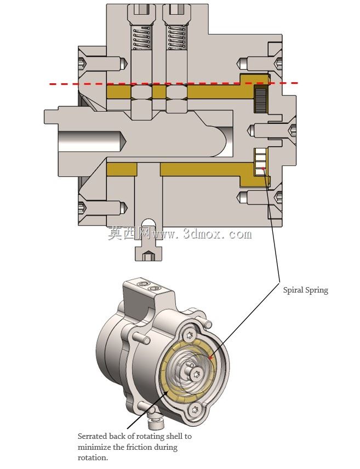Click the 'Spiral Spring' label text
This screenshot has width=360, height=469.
pos(306,290)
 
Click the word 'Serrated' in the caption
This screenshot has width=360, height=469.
pos(92,436)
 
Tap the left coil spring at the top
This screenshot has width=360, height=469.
pos(141,38)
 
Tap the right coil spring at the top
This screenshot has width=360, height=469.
pos(177,38)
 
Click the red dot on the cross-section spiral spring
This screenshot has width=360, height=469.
pos(263,169)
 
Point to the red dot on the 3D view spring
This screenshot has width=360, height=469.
pos(210,357)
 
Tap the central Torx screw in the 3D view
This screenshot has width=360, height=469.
pos(197,373)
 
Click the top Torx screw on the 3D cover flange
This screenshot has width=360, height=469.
pos(190,334)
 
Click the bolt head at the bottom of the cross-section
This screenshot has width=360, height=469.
pos(149,254)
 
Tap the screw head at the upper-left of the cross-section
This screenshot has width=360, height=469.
pos(82,64)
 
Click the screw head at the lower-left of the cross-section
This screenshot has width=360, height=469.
pos(82,207)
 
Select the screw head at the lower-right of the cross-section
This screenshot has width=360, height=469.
pos(278,197)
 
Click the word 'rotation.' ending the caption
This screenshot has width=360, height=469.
pos(93,458)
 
